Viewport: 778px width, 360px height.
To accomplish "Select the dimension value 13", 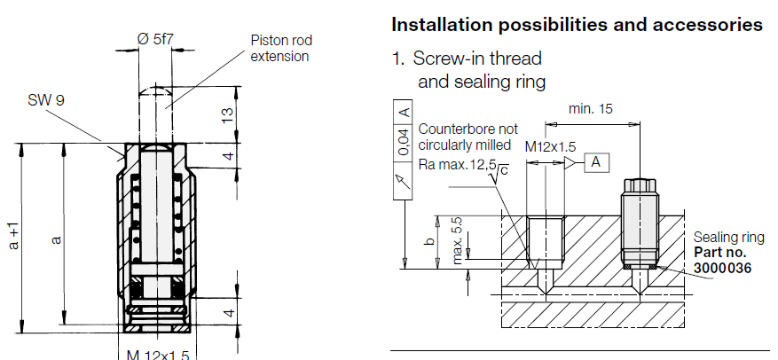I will pos(228,114).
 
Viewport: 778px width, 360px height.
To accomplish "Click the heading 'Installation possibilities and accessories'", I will pos(577,24).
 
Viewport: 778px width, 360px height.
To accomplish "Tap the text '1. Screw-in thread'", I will pos(468,59).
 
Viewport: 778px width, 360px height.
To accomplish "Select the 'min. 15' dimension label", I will pos(592,109).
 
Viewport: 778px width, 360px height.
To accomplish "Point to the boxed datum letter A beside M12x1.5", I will pos(596,162).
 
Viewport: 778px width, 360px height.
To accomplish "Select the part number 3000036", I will pos(721,266).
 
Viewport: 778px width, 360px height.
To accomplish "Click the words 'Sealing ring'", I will pos(727,238).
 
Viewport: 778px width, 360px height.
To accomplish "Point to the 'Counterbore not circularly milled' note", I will pos(467,137).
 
